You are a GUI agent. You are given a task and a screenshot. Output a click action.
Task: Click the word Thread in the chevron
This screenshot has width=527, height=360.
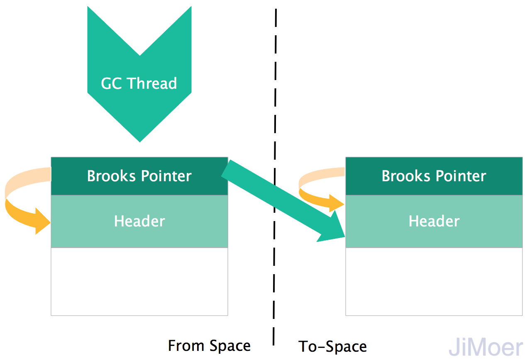point(152,83)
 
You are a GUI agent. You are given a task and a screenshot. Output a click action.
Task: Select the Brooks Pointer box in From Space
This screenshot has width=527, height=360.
point(139,176)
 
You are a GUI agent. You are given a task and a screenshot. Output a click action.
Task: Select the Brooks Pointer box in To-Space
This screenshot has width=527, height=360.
point(434,176)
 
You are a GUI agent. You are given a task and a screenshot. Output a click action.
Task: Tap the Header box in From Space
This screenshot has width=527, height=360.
point(139,221)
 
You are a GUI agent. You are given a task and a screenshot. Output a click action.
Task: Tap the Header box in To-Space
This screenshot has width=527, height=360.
point(434,221)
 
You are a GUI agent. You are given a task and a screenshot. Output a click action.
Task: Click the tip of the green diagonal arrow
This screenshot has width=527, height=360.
point(342,236)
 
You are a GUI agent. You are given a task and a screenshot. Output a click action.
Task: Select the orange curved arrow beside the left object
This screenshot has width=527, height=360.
point(21,207)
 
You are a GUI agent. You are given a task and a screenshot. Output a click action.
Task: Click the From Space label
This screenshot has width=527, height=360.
point(209,345)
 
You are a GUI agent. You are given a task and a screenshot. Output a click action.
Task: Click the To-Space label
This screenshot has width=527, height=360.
point(332,346)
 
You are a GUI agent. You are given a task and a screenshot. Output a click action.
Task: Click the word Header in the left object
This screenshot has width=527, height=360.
point(139,221)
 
